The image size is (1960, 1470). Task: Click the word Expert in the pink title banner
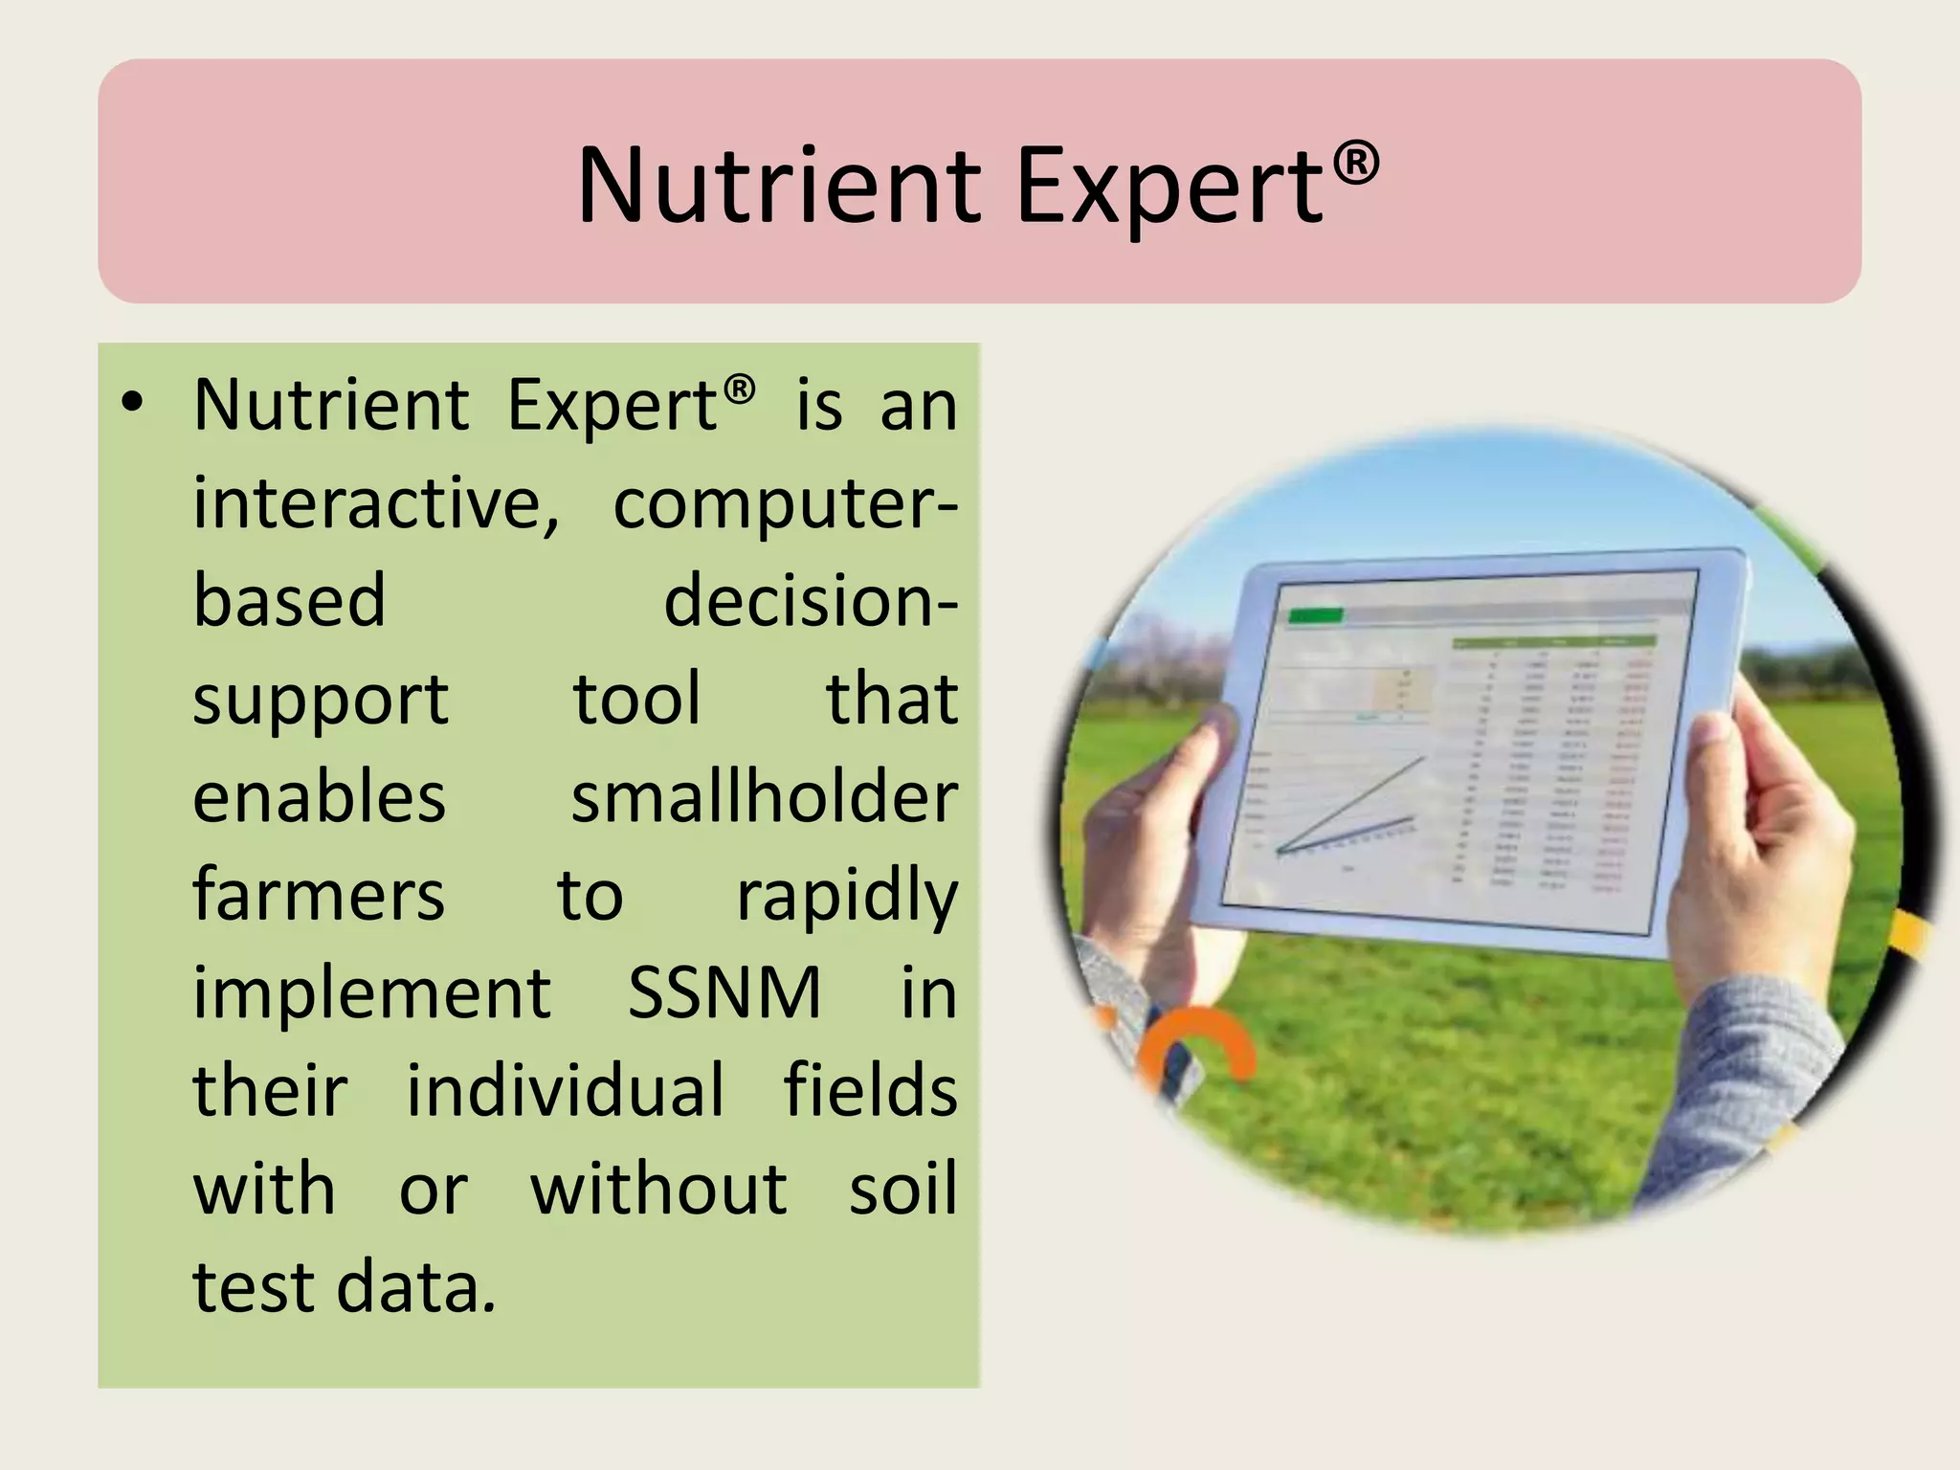click(1169, 188)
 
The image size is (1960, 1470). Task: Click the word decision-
click(810, 601)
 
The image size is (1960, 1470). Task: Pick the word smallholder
click(765, 797)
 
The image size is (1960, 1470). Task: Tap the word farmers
click(319, 895)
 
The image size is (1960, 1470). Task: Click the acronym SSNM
click(724, 992)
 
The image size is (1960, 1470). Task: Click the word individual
click(566, 1090)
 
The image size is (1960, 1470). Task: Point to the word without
click(659, 1189)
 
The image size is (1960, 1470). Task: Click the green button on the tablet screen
click(1316, 615)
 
